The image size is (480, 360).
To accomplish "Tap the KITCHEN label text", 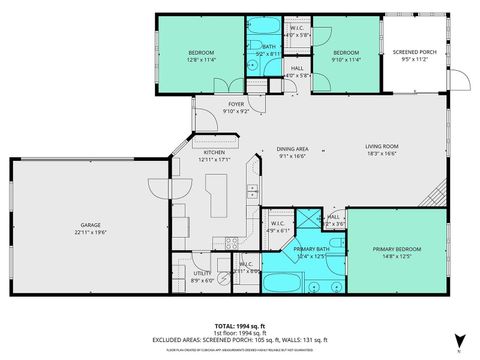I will point(214,153).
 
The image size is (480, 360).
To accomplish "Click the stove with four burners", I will point(231,240).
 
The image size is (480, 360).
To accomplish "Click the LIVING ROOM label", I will point(380,147).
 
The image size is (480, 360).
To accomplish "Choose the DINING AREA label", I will point(292,148).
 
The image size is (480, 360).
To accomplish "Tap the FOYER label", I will point(236,104).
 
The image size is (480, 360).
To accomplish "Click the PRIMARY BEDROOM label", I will point(397,248).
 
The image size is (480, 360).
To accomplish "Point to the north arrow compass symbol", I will point(459,341).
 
